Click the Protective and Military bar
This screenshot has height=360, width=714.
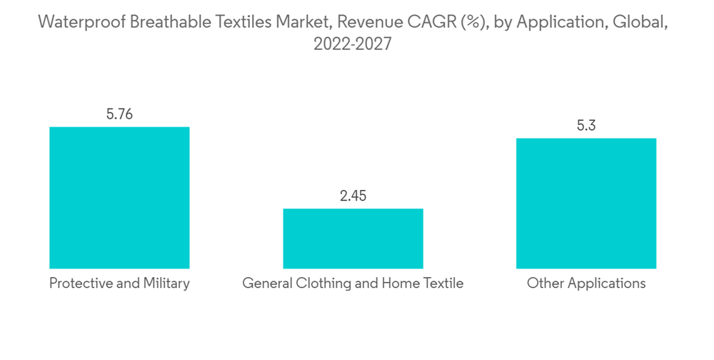pyautogui.click(x=119, y=198)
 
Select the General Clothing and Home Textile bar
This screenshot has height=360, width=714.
pyautogui.click(x=353, y=239)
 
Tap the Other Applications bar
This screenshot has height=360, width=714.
pyautogui.click(x=586, y=204)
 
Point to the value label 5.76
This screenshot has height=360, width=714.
pyautogui.click(x=119, y=114)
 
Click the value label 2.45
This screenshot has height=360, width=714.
pyautogui.click(x=353, y=196)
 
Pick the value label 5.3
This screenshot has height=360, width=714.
pyautogui.click(x=586, y=126)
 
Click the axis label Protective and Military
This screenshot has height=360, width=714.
pyautogui.click(x=119, y=284)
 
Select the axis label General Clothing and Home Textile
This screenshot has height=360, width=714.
pyautogui.click(x=353, y=284)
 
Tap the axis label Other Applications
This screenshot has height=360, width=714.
pyautogui.click(x=586, y=284)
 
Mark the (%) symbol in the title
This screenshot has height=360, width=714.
pyautogui.click(x=468, y=22)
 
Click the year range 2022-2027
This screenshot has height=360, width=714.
pyautogui.click(x=353, y=44)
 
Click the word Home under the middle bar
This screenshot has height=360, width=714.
pyautogui.click(x=402, y=284)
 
